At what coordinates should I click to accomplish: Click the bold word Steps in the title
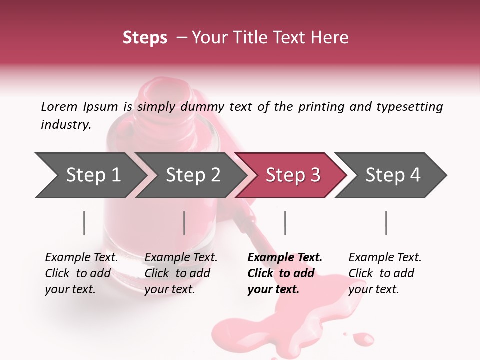point(145,37)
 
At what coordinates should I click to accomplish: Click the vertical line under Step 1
point(84,223)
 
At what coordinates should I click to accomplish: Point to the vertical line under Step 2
point(184,223)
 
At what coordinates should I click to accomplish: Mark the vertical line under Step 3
point(285,223)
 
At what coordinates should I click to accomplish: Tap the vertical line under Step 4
point(386,223)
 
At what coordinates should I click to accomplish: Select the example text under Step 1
point(81,273)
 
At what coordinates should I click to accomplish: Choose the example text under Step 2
point(180,273)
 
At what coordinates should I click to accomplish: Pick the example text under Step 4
point(384,273)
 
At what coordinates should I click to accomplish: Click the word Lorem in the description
point(59,106)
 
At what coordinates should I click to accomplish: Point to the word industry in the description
point(65,125)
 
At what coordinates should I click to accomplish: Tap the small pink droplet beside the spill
point(363,339)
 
